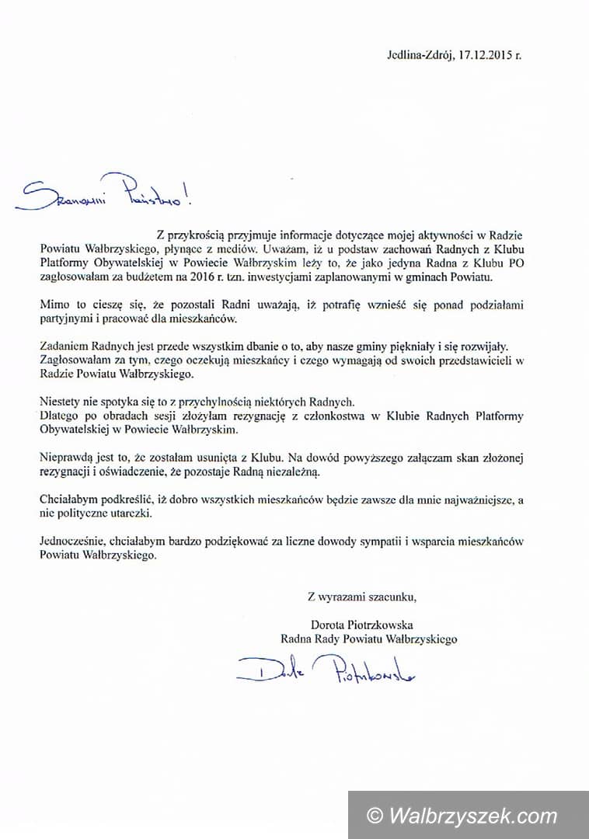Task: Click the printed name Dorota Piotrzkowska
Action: coord(361,625)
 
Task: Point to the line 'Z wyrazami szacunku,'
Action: coord(362,597)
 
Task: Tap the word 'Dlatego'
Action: coord(58,416)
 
